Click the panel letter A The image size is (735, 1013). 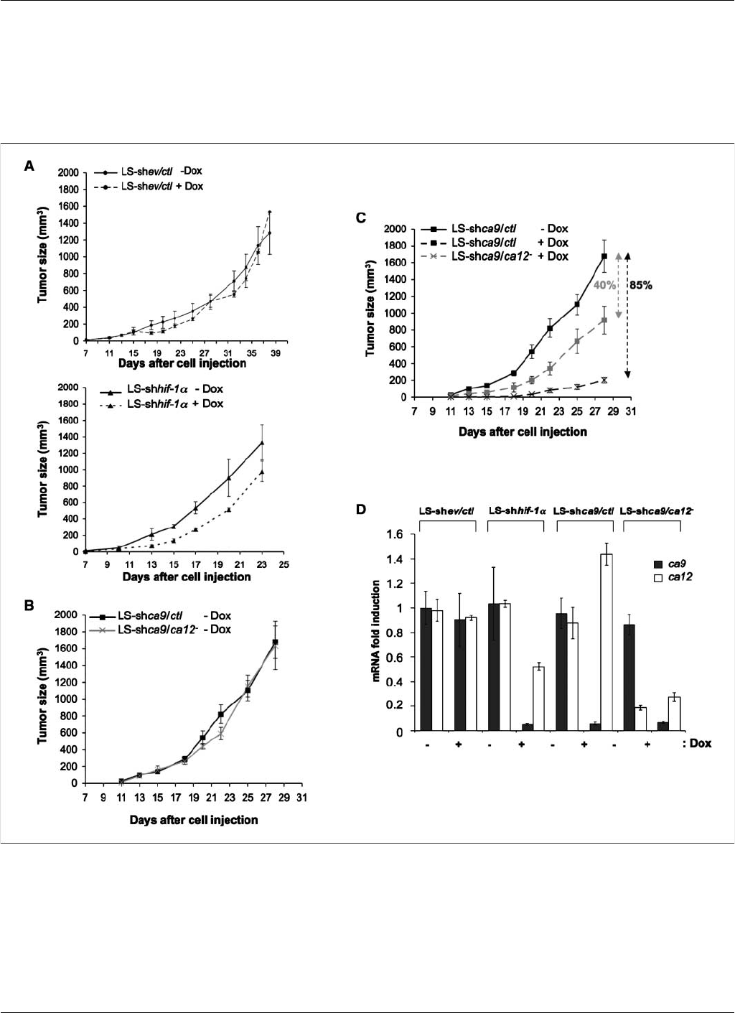click(x=29, y=167)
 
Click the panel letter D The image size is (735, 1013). click(x=362, y=510)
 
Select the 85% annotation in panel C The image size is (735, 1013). click(x=640, y=285)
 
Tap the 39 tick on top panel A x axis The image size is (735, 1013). click(x=276, y=353)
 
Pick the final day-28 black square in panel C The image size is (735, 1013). click(x=604, y=256)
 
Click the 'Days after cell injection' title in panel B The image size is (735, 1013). click(x=194, y=819)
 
